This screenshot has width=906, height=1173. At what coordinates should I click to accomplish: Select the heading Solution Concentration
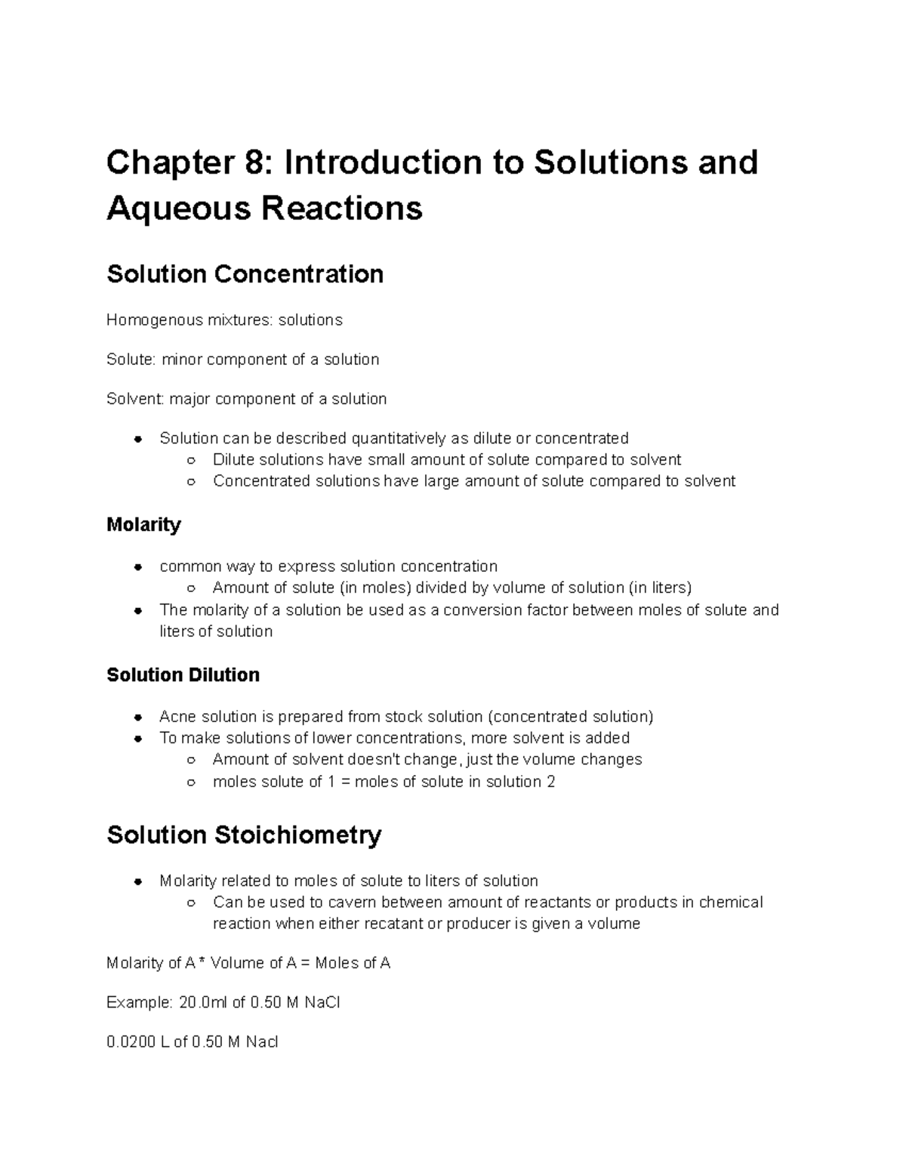245,273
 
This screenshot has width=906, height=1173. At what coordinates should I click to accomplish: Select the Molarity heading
143,524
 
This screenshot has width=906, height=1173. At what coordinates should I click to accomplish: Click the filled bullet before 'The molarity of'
137,610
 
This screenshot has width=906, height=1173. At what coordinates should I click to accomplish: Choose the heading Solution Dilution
183,674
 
